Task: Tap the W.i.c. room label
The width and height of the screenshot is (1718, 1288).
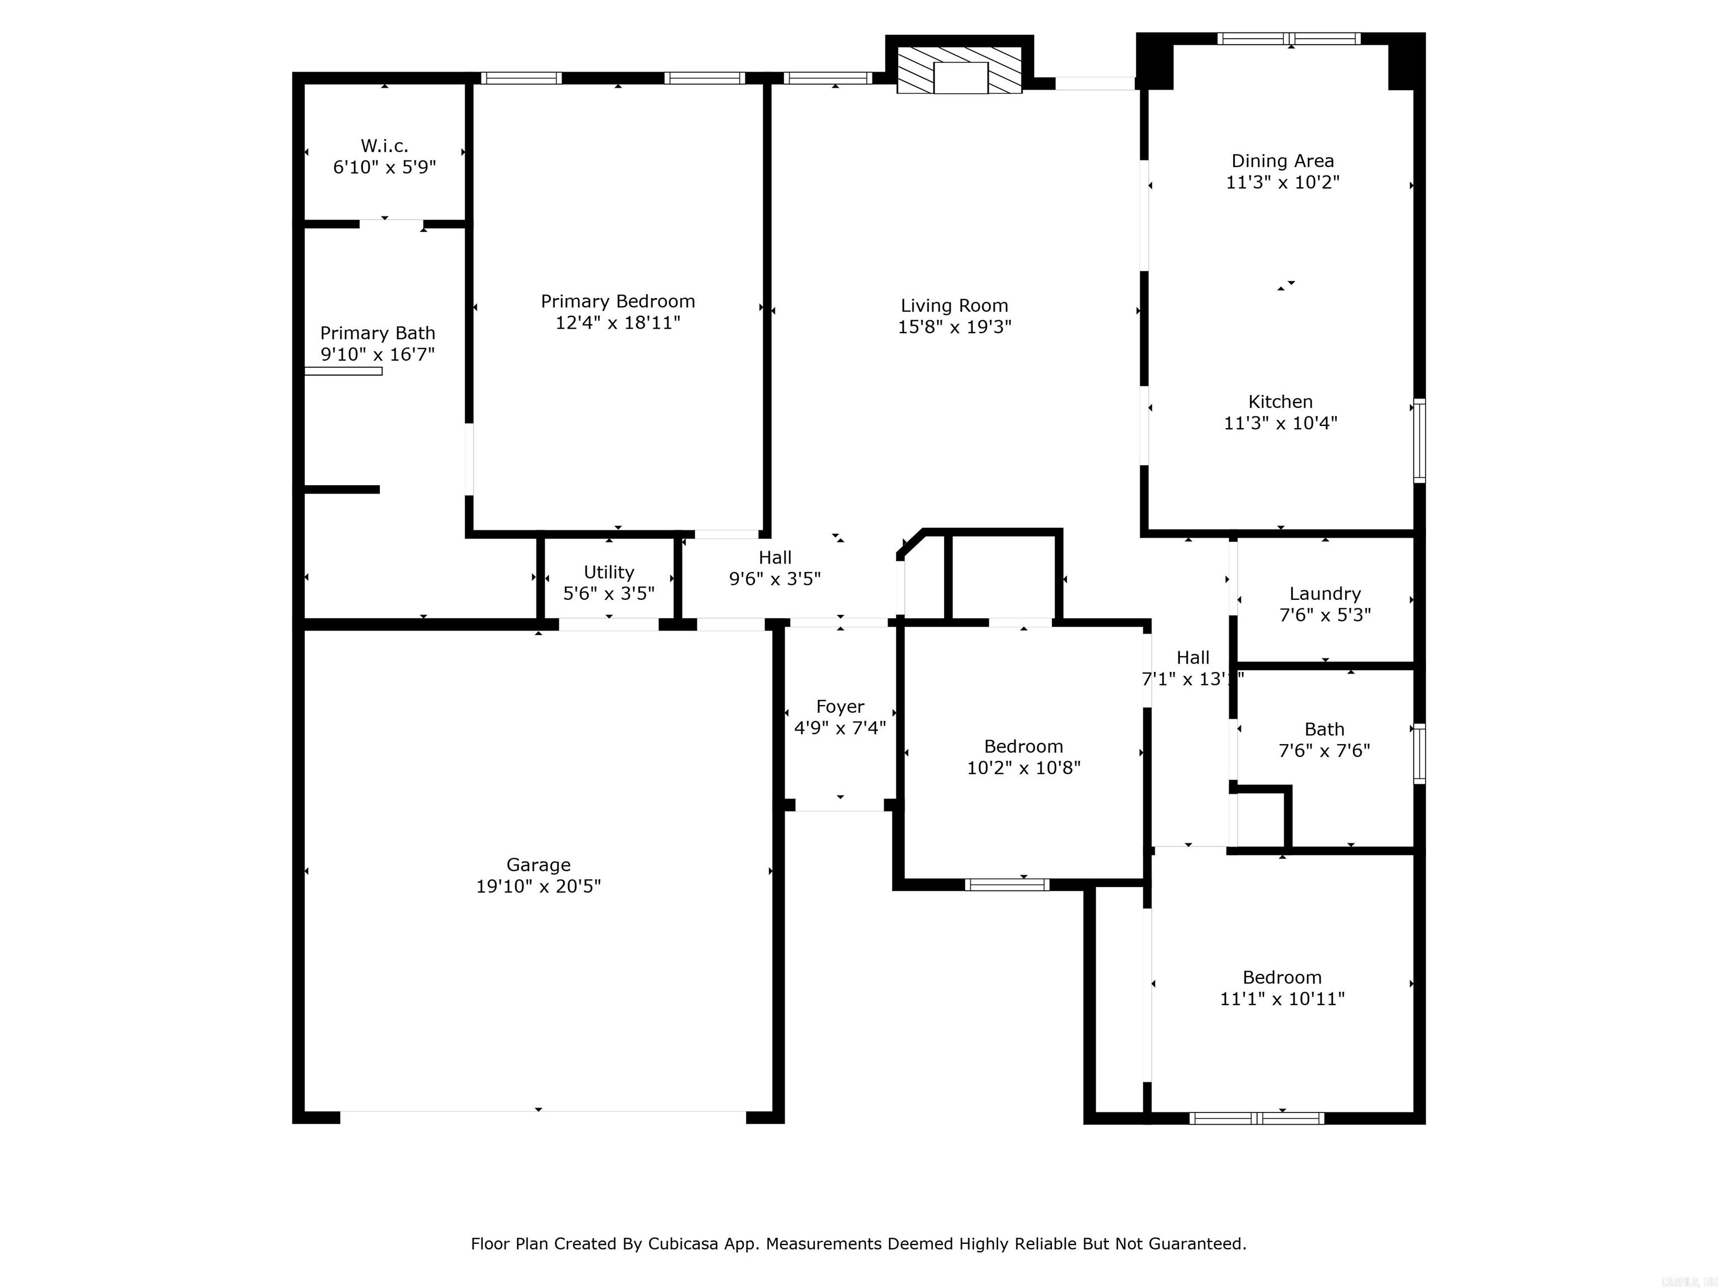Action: pos(384,146)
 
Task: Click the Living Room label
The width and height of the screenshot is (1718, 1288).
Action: pos(955,306)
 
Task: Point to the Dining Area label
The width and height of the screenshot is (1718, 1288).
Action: pos(1282,162)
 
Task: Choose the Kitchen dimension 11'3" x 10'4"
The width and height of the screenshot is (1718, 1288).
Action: pos(1281,423)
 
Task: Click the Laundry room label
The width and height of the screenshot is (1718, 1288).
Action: pos(1325,594)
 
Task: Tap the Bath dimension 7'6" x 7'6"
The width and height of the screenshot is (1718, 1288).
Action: pos(1324,751)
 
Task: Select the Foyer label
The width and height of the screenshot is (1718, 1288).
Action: pos(839,707)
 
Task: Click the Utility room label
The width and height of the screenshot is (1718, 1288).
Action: pos(609,572)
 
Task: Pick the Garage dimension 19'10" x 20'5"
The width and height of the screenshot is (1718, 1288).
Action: pos(538,887)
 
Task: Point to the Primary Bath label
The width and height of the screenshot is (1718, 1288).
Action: pos(377,333)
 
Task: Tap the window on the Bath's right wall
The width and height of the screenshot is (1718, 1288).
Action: pos(1419,753)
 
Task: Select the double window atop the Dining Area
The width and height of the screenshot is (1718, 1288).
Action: pos(1288,38)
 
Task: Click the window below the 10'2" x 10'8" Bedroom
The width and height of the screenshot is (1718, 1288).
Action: pos(1007,884)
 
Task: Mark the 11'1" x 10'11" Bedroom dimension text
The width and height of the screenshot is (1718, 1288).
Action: pos(1282,999)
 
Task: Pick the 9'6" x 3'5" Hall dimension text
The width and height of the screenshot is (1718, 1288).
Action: pos(775,579)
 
